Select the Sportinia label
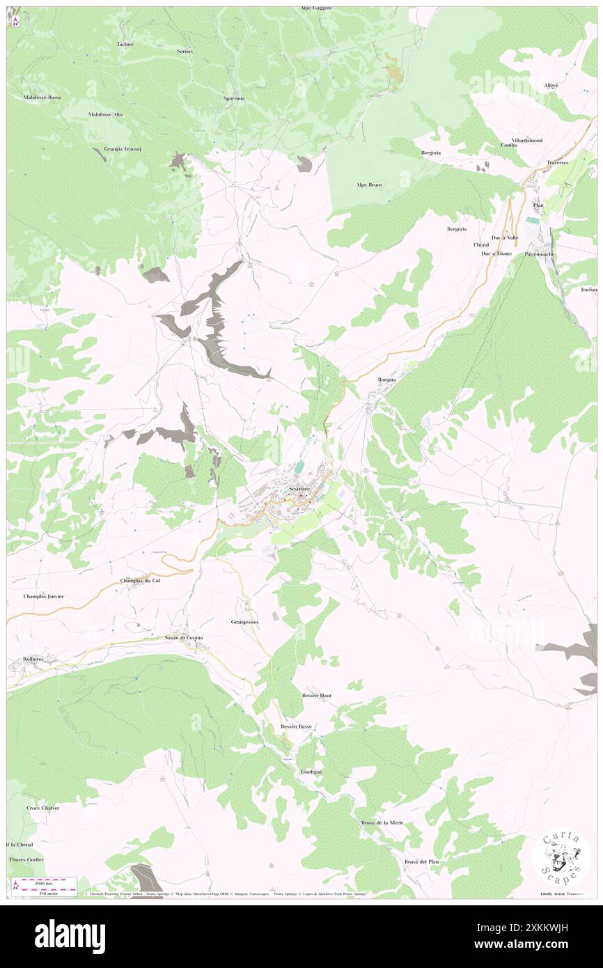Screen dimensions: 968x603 [234, 98]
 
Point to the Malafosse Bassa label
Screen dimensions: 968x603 [42, 97]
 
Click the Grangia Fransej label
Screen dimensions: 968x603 [123, 148]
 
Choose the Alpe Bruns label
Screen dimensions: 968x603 [370, 185]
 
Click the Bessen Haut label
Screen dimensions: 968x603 [316, 696]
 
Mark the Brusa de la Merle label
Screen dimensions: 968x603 [382, 822]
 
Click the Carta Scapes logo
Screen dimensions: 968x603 [562, 857]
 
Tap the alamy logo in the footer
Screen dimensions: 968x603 [70, 936]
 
